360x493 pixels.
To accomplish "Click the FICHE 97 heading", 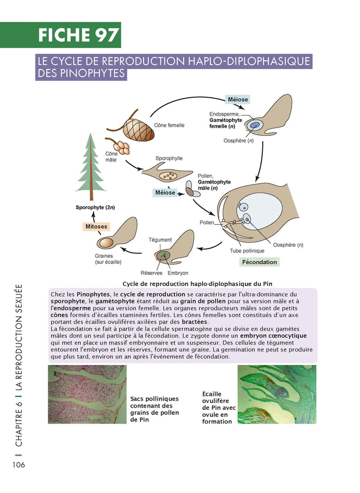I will pyautogui.click(x=79, y=35).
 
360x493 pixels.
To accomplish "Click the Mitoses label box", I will pyautogui.click(x=97, y=226).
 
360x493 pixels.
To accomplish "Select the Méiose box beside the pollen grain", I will pyautogui.click(x=165, y=193).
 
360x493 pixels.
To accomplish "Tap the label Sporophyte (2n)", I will pyautogui.click(x=95, y=208).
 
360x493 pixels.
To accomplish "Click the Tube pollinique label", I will pyautogui.click(x=247, y=251).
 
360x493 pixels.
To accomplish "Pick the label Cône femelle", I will pyautogui.click(x=169, y=125).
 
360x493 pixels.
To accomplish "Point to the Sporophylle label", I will pyautogui.click(x=169, y=159).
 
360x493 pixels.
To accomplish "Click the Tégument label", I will pyautogui.click(x=160, y=240).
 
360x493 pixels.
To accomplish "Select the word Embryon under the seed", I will pyautogui.click(x=178, y=273).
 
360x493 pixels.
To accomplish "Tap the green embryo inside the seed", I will pyautogui.click(x=164, y=255).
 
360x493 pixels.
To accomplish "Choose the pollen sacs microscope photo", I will pyautogui.click(x=86, y=394).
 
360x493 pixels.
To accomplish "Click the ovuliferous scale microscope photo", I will pyautogui.click(x=276, y=394).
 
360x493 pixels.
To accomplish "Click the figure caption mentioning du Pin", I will pyautogui.click(x=197, y=284).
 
